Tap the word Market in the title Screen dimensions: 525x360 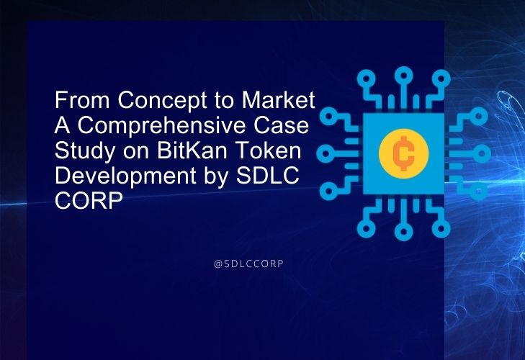click(278, 99)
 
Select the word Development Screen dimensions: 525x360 click(125, 176)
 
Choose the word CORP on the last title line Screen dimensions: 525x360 click(89, 201)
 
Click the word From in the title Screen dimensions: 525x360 click(82, 100)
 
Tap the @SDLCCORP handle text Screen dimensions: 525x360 click(248, 264)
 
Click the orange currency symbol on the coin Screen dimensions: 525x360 click(403, 153)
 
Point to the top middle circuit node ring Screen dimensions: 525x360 click(403, 76)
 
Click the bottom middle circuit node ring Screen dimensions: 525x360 click(403, 232)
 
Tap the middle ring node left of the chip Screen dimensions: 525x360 click(326, 153)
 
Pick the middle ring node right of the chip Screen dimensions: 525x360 click(482, 153)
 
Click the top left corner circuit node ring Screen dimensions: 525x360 click(366, 79)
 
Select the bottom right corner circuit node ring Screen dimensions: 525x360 click(441, 228)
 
